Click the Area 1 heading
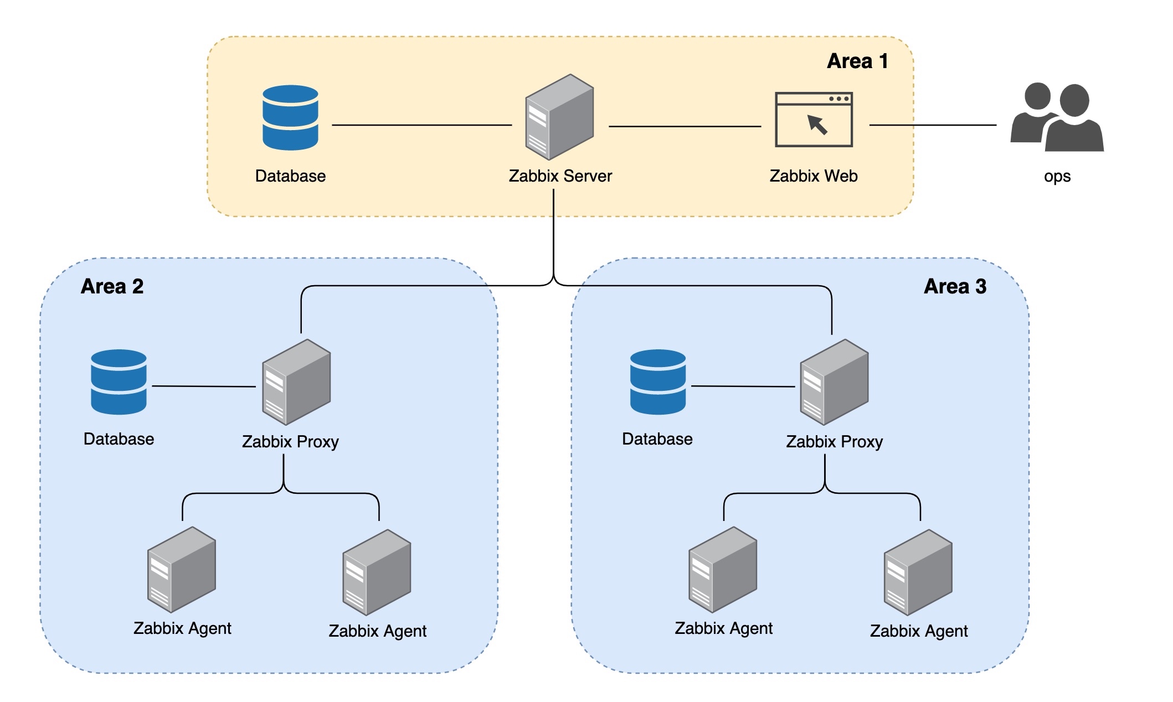[857, 61]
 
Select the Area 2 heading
[112, 286]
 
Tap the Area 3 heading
[955, 286]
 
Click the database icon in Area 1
[290, 117]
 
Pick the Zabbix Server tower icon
[559, 117]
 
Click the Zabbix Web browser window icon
[814, 120]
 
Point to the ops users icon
[1057, 117]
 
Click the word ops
[1057, 177]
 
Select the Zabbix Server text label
[560, 176]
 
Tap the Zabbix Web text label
[813, 176]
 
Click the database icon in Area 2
[119, 382]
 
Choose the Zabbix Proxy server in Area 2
[296, 382]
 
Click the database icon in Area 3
[658, 382]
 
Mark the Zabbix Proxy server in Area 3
[834, 382]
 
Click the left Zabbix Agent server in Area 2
[182, 569]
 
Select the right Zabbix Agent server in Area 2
[377, 572]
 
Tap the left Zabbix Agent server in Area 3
[723, 569]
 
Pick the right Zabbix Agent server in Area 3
[918, 572]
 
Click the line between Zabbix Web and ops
[933, 125]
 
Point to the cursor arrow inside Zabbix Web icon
[817, 125]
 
